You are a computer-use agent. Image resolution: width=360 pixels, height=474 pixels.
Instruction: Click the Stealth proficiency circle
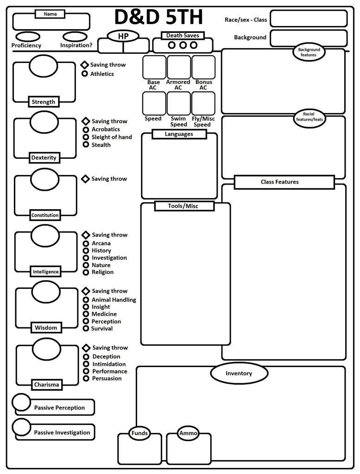click(x=86, y=144)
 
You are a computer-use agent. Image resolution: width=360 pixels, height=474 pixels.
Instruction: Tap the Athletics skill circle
click(x=85, y=74)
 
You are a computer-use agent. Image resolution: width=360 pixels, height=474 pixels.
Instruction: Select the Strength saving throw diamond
click(x=85, y=65)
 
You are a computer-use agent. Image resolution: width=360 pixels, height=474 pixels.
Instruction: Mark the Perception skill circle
click(x=86, y=321)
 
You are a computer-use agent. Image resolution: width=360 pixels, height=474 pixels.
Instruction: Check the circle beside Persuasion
click(x=86, y=378)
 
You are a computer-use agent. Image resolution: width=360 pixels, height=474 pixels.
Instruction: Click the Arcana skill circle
click(x=86, y=243)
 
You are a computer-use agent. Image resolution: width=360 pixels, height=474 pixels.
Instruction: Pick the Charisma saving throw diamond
click(x=86, y=348)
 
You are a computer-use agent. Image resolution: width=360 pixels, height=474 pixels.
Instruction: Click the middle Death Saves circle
click(x=183, y=45)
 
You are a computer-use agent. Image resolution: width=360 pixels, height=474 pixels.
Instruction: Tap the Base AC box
click(x=154, y=68)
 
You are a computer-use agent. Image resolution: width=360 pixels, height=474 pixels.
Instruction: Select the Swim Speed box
click(x=178, y=103)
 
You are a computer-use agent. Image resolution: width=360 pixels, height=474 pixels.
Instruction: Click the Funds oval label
click(x=139, y=434)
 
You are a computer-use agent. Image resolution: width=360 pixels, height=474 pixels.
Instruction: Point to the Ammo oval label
click(x=188, y=434)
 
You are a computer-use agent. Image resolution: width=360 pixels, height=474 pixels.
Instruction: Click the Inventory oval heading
click(x=239, y=374)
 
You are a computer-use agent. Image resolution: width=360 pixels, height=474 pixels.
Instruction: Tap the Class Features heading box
click(x=284, y=182)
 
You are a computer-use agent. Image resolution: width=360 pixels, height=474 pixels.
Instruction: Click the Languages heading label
click(x=179, y=134)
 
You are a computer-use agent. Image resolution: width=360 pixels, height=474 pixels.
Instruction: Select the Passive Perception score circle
click(x=21, y=402)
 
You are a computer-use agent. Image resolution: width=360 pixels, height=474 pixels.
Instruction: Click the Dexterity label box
click(x=44, y=157)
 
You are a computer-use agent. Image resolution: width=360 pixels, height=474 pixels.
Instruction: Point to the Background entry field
click(x=308, y=38)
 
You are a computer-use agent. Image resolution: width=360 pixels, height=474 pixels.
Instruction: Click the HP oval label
click(x=123, y=36)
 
